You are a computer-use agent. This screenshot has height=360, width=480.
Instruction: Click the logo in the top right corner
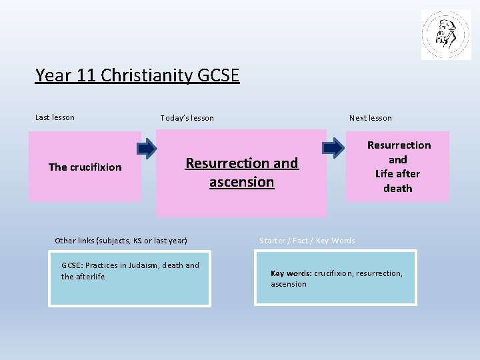pyautogui.click(x=446, y=35)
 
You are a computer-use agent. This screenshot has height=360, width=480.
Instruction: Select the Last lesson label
pyautogui.click(x=55, y=117)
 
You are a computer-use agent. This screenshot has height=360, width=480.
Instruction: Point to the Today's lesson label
pyautogui.click(x=187, y=118)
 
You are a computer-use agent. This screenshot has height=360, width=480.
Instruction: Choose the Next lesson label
pyautogui.click(x=371, y=118)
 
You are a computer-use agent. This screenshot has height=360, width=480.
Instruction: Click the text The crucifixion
pyautogui.click(x=85, y=167)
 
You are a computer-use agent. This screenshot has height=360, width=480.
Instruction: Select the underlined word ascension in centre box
pyautogui.click(x=241, y=182)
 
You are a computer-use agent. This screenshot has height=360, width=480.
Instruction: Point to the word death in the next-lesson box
pyautogui.click(x=398, y=189)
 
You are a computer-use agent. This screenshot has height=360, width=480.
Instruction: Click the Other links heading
pyautogui.click(x=121, y=240)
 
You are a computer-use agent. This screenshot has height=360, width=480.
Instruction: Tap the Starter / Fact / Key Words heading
pyautogui.click(x=307, y=241)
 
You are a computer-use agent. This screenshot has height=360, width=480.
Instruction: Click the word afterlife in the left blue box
pyautogui.click(x=90, y=277)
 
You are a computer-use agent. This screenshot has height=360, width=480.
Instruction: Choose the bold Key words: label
pyautogui.click(x=291, y=273)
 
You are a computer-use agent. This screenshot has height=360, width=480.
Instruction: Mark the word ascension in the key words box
pyautogui.click(x=289, y=284)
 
